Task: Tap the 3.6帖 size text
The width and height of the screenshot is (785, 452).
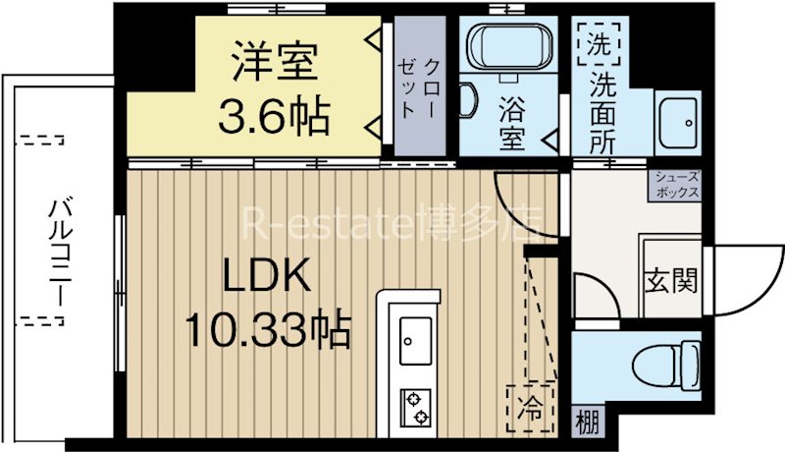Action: (x=274, y=117)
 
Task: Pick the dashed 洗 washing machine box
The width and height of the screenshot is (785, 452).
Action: (x=597, y=44)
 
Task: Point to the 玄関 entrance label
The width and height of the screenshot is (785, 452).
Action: (x=671, y=282)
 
